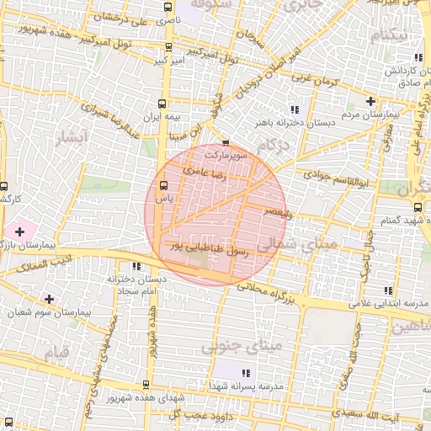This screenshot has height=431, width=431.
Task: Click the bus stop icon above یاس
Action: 163,185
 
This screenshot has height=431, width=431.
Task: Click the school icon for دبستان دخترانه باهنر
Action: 294,109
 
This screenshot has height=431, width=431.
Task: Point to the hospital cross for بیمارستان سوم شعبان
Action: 50,299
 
